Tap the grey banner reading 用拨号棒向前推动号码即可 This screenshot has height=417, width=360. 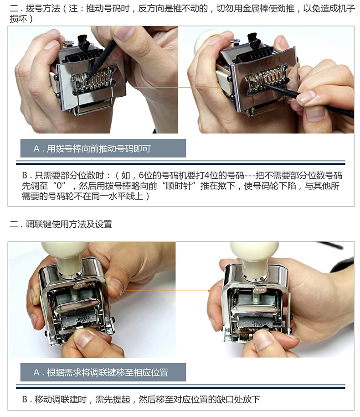tap(103, 148)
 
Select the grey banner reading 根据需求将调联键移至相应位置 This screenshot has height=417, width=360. tap(103, 372)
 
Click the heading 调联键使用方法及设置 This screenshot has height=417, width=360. tap(69, 224)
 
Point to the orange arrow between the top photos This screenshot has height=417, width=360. tap(177, 87)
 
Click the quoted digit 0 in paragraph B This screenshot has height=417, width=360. tap(60, 186)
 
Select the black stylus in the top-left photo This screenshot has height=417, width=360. tap(102, 60)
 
